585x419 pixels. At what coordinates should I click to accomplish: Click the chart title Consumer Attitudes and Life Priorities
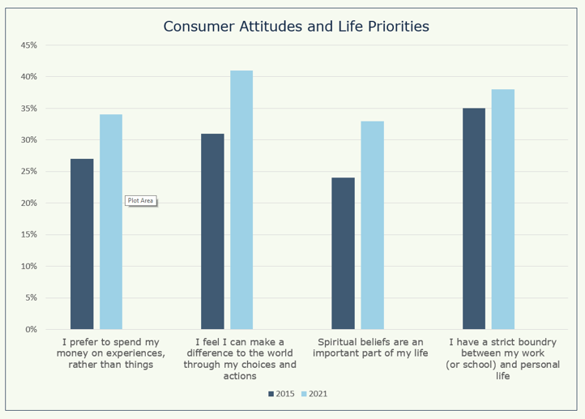[296, 26]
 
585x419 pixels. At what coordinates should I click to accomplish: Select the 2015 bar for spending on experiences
[82, 244]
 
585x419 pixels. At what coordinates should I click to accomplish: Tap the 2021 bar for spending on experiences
[111, 222]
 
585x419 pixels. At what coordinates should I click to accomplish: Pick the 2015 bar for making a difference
[212, 232]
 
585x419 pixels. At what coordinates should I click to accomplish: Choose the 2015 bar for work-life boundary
[474, 219]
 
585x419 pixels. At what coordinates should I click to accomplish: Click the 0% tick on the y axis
[30, 330]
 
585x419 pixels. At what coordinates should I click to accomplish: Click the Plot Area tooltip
[140, 200]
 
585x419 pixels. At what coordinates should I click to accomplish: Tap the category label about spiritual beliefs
[370, 348]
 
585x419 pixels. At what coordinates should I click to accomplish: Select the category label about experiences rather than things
[111, 353]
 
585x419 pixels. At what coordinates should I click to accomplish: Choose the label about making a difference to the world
[241, 359]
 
